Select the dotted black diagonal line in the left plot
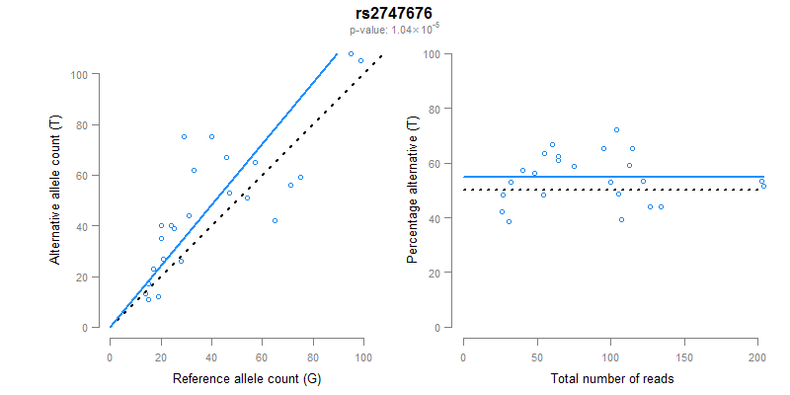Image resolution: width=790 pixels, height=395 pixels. coord(276,188)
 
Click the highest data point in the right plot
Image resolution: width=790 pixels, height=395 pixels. coord(616,129)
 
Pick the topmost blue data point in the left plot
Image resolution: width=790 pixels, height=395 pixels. coord(351,53)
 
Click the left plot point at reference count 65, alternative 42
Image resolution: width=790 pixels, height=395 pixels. coord(275,220)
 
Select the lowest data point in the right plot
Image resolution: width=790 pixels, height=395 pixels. coord(509,221)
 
